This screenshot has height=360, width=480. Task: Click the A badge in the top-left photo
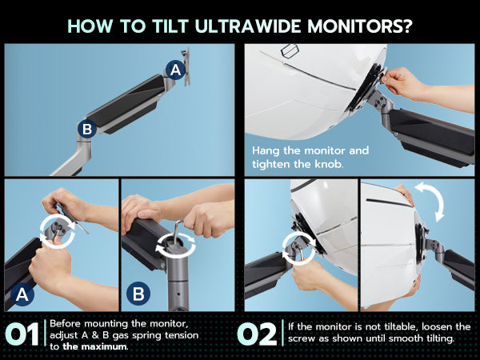pyautogui.click(x=175, y=70)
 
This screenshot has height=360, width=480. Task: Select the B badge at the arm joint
pyautogui.click(x=87, y=129)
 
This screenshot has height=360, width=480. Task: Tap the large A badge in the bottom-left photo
pyautogui.click(x=22, y=294)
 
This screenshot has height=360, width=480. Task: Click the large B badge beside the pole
pyautogui.click(x=138, y=294)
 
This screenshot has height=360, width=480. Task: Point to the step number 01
pyautogui.click(x=22, y=334)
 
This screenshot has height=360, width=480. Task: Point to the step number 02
pyautogui.click(x=257, y=334)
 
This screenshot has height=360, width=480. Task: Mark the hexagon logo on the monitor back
pyautogui.click(x=290, y=50)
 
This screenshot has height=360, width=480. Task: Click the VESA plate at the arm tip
pyautogui.click(x=186, y=66)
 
